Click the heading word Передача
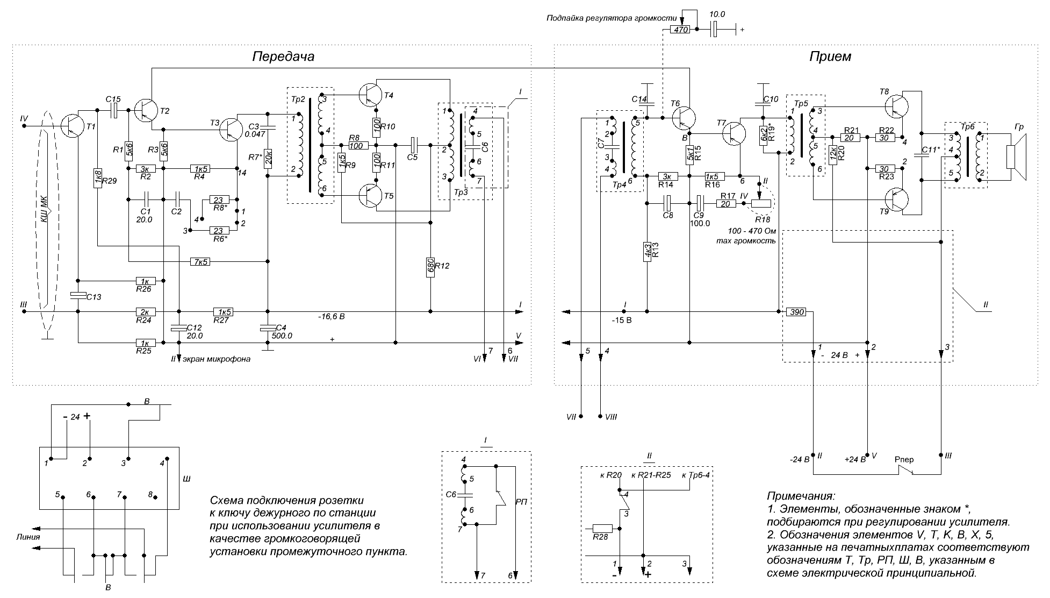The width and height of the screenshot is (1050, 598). [x=283, y=57]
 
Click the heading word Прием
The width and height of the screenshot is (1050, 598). [x=831, y=56]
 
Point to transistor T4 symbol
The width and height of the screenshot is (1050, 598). [x=370, y=94]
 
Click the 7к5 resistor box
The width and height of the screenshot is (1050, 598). [x=199, y=262]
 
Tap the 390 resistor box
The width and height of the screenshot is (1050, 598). [x=796, y=312]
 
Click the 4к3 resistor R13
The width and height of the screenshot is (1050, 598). [x=648, y=251]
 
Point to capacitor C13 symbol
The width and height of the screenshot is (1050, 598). [x=78, y=295]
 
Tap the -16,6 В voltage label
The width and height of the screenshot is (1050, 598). [x=331, y=317]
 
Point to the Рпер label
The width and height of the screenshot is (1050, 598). [x=904, y=460]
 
